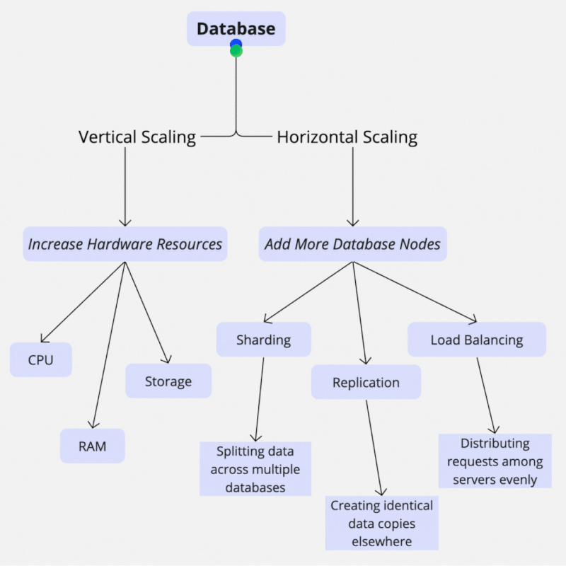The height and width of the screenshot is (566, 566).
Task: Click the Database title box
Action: click(236, 29)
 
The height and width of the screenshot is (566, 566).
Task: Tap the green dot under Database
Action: click(236, 51)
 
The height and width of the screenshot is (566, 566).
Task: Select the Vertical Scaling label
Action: click(137, 137)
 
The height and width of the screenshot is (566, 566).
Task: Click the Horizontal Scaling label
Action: click(347, 137)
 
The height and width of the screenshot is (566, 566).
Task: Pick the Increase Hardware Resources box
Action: click(125, 245)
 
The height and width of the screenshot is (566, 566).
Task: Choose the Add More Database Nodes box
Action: click(352, 245)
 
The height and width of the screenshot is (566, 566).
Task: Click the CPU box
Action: click(41, 360)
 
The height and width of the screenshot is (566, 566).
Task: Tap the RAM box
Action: click(92, 446)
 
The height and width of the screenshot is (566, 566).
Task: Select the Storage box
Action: click(168, 381)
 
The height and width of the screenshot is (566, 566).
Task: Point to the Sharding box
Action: click(263, 340)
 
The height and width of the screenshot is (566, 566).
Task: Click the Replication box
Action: click(366, 383)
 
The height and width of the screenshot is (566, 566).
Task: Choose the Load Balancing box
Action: click(477, 340)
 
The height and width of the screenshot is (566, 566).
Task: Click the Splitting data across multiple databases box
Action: click(255, 469)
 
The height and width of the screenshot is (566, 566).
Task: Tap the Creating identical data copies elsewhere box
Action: click(382, 524)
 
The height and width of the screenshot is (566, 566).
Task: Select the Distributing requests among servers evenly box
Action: click(495, 461)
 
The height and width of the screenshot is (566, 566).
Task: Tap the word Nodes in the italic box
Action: click(421, 245)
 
